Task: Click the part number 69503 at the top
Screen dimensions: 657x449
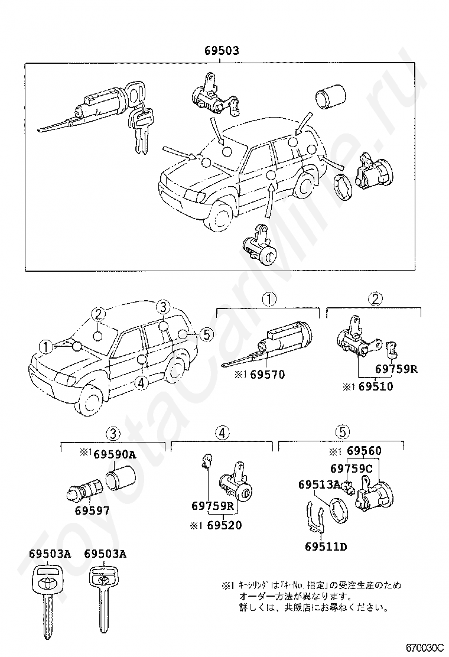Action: point(222,51)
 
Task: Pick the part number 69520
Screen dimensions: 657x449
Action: point(224,524)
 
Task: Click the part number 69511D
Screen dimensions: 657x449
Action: point(326,547)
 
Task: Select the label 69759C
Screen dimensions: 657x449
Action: point(352,469)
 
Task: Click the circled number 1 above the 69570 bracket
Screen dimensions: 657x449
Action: point(269,300)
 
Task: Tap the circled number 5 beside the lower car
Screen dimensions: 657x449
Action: point(205,335)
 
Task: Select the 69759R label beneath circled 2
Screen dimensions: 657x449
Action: point(397,369)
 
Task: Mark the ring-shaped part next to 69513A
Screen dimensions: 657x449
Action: point(339,509)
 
